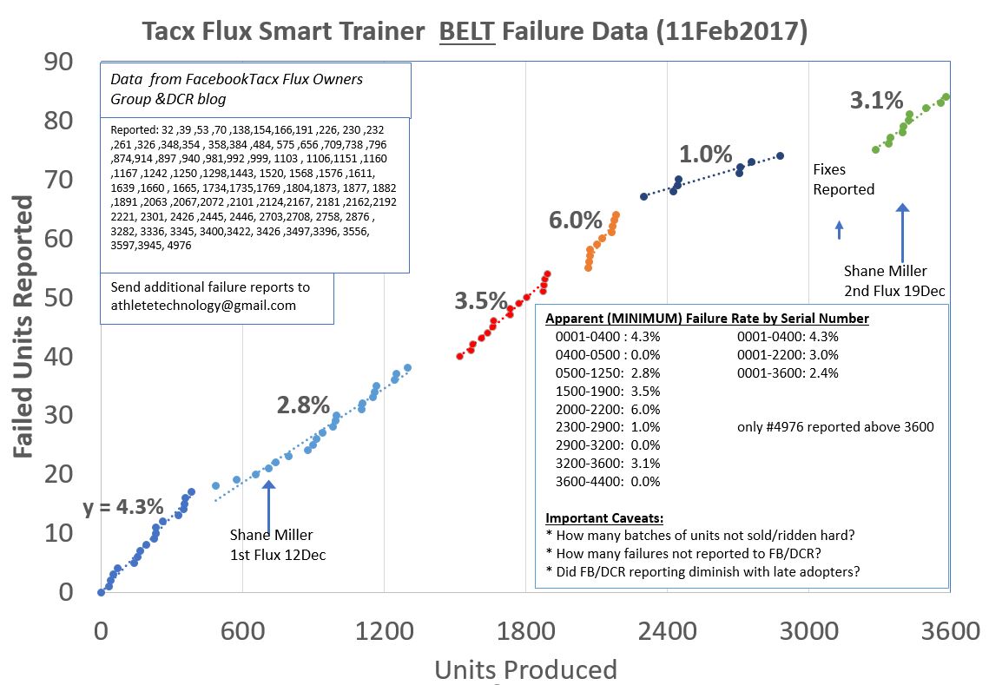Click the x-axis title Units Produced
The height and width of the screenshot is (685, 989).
click(525, 669)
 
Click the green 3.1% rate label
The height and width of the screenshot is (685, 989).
click(876, 101)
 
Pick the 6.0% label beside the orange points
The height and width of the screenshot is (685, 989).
click(575, 220)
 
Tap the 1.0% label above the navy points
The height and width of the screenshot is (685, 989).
click(705, 155)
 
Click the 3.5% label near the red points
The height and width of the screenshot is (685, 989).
click(480, 301)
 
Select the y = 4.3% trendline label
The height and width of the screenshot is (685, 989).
click(123, 507)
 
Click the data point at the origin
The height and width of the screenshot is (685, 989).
click(101, 592)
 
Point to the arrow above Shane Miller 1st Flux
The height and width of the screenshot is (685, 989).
click(267, 501)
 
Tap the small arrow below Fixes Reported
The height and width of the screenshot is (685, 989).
click(839, 229)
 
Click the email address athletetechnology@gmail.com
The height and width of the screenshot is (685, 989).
click(203, 306)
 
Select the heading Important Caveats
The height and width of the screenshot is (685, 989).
click(604, 518)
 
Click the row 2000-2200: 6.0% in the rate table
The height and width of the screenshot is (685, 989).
click(608, 409)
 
